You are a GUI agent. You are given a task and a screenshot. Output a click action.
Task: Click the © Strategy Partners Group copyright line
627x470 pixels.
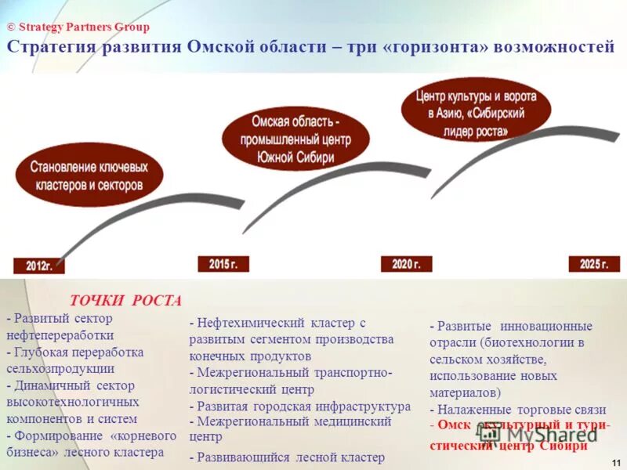pyautogui.click(x=78, y=27)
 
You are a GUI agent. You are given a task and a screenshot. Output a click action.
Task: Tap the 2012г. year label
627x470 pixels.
pyautogui.click(x=38, y=266)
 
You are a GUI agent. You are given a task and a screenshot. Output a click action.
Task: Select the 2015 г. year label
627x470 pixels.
pyautogui.click(x=223, y=264)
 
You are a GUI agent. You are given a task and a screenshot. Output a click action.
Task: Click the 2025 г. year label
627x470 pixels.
pyautogui.click(x=594, y=264)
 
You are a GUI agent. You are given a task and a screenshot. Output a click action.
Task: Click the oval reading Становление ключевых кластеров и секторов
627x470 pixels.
pyautogui.click(x=89, y=176)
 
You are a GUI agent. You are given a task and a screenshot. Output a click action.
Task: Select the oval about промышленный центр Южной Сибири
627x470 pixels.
pyautogui.click(x=295, y=139)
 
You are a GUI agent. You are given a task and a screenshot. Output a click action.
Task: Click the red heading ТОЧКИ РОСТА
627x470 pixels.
pyautogui.click(x=125, y=301)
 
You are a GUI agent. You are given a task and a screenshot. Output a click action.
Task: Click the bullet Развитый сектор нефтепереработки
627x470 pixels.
pyautogui.click(x=63, y=325)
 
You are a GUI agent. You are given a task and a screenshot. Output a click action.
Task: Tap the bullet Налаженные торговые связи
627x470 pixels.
pyautogui.click(x=518, y=409)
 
